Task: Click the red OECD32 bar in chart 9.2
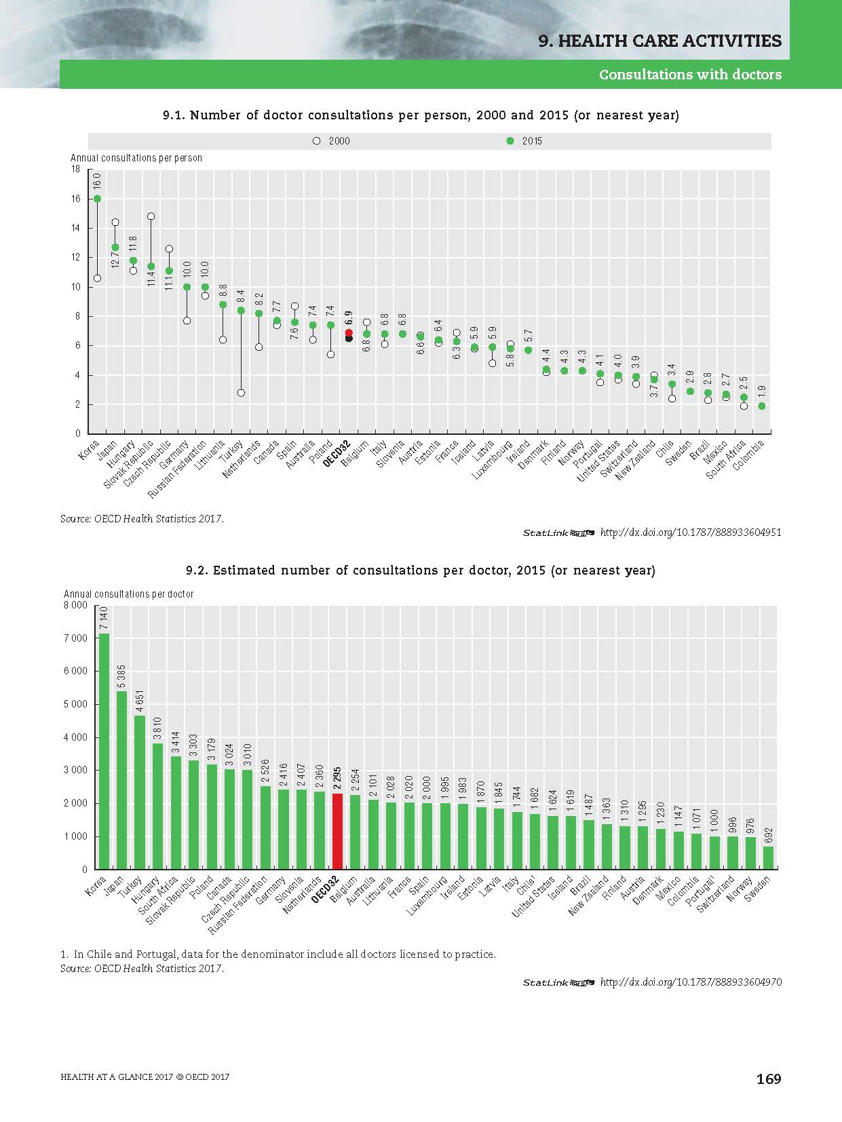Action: click(337, 831)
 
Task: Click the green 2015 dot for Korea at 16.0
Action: click(97, 199)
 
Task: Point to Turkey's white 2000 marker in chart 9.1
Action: click(241, 393)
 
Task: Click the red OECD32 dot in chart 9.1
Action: click(349, 332)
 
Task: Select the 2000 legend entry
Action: click(332, 141)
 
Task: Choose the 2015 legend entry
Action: click(525, 141)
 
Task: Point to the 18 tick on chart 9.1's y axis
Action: click(75, 169)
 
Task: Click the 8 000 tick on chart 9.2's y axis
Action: click(75, 605)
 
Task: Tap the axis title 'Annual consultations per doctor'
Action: click(128, 594)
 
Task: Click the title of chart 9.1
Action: click(421, 115)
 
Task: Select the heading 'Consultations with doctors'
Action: click(689, 75)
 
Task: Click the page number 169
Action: click(769, 1079)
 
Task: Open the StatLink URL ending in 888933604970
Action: click(691, 982)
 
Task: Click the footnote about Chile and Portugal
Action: click(278, 954)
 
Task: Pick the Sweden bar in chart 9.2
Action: click(768, 857)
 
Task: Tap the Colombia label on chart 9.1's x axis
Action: click(748, 455)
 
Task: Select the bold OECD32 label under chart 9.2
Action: click(324, 891)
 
